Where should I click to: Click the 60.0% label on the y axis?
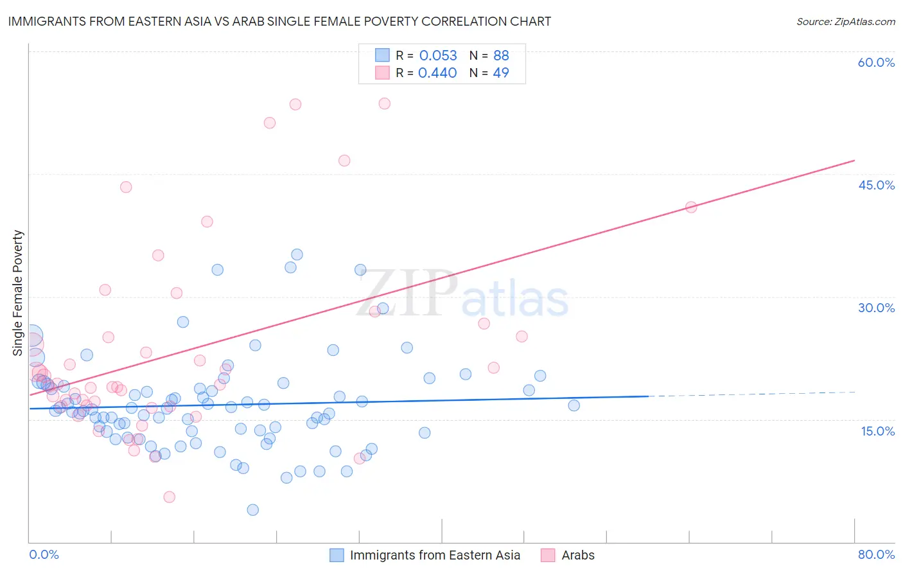(876, 62)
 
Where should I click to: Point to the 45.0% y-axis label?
(876, 185)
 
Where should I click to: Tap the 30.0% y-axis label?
(876, 308)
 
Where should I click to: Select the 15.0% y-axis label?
(877, 431)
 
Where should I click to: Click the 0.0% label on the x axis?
(44, 554)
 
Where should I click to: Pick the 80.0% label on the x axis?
(876, 554)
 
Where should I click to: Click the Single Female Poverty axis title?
(18, 293)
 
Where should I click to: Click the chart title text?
(279, 21)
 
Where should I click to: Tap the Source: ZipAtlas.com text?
(845, 21)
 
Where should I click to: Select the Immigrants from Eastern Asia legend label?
(435, 555)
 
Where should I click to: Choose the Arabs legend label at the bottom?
(578, 555)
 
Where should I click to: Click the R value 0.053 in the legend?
(438, 56)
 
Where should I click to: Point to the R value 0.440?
(437, 73)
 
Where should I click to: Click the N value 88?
(501, 56)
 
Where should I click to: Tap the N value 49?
(501, 73)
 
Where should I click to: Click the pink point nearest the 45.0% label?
(691, 207)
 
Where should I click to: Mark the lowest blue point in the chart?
(253, 510)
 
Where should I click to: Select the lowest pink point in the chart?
(170, 497)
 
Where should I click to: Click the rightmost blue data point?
(574, 405)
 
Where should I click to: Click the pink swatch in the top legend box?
(382, 73)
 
